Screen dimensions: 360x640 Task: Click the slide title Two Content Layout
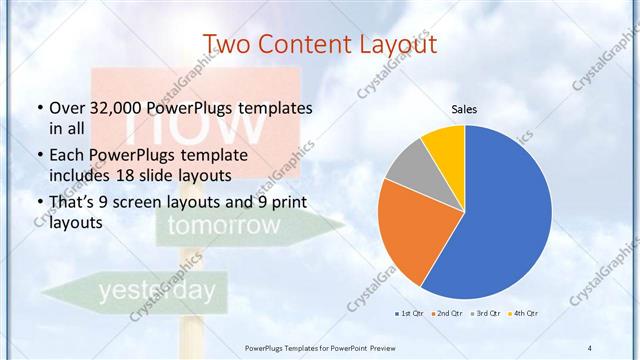point(320,45)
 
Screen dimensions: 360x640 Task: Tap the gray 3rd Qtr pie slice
point(410,164)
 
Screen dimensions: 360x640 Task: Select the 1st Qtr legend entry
point(410,313)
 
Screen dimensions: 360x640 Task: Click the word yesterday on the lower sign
point(155,291)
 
